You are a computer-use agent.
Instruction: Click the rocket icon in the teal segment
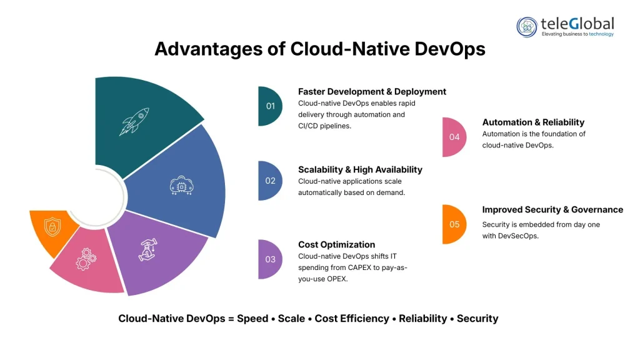click(x=134, y=122)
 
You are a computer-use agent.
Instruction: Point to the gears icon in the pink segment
click(x=85, y=259)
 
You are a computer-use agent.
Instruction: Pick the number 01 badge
click(x=269, y=106)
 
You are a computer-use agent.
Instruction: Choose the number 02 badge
click(x=269, y=181)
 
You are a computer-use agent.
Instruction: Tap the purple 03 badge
click(x=269, y=259)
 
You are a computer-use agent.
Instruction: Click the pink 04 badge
click(x=454, y=137)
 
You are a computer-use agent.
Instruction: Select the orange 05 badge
click(x=454, y=224)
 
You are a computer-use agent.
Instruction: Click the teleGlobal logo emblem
click(x=527, y=27)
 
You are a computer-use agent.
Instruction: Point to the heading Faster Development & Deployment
click(x=372, y=91)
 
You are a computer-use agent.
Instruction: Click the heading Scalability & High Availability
click(x=360, y=169)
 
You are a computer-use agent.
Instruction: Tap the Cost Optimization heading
click(x=336, y=244)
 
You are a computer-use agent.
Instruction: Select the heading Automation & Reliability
click(x=533, y=122)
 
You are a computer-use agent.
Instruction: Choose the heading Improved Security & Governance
click(x=552, y=209)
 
